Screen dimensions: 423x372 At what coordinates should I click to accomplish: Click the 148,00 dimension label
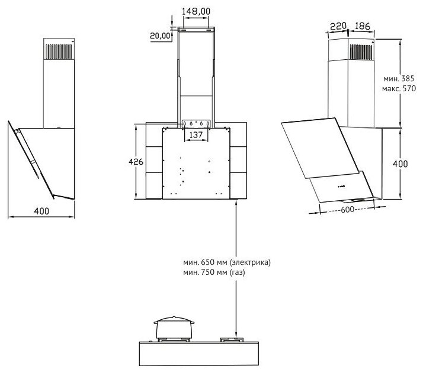(x=196, y=11)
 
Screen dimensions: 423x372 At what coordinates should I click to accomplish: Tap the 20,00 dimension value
(x=160, y=36)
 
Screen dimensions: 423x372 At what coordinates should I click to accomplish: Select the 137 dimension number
(x=196, y=134)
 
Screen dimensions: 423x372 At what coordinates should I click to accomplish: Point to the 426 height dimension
(x=136, y=162)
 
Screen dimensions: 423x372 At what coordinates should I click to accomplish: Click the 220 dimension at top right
(x=338, y=27)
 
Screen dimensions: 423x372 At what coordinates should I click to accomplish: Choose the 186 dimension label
(x=362, y=26)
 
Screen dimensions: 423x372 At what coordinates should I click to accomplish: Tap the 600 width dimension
(x=347, y=209)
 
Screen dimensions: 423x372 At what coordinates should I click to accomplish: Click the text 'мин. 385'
(x=399, y=79)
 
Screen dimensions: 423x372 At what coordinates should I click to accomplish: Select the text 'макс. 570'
(x=399, y=88)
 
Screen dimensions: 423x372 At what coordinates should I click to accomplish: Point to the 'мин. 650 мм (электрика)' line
(x=226, y=262)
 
